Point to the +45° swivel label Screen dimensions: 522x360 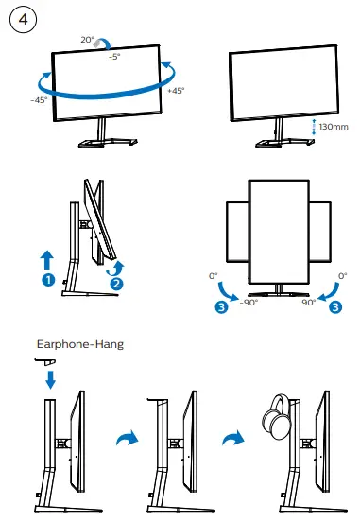tap(175, 92)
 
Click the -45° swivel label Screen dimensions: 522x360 tap(39, 99)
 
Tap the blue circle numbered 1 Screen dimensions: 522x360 tap(46, 280)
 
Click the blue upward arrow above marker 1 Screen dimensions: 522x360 tap(47, 259)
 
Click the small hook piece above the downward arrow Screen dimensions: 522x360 tap(46, 360)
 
